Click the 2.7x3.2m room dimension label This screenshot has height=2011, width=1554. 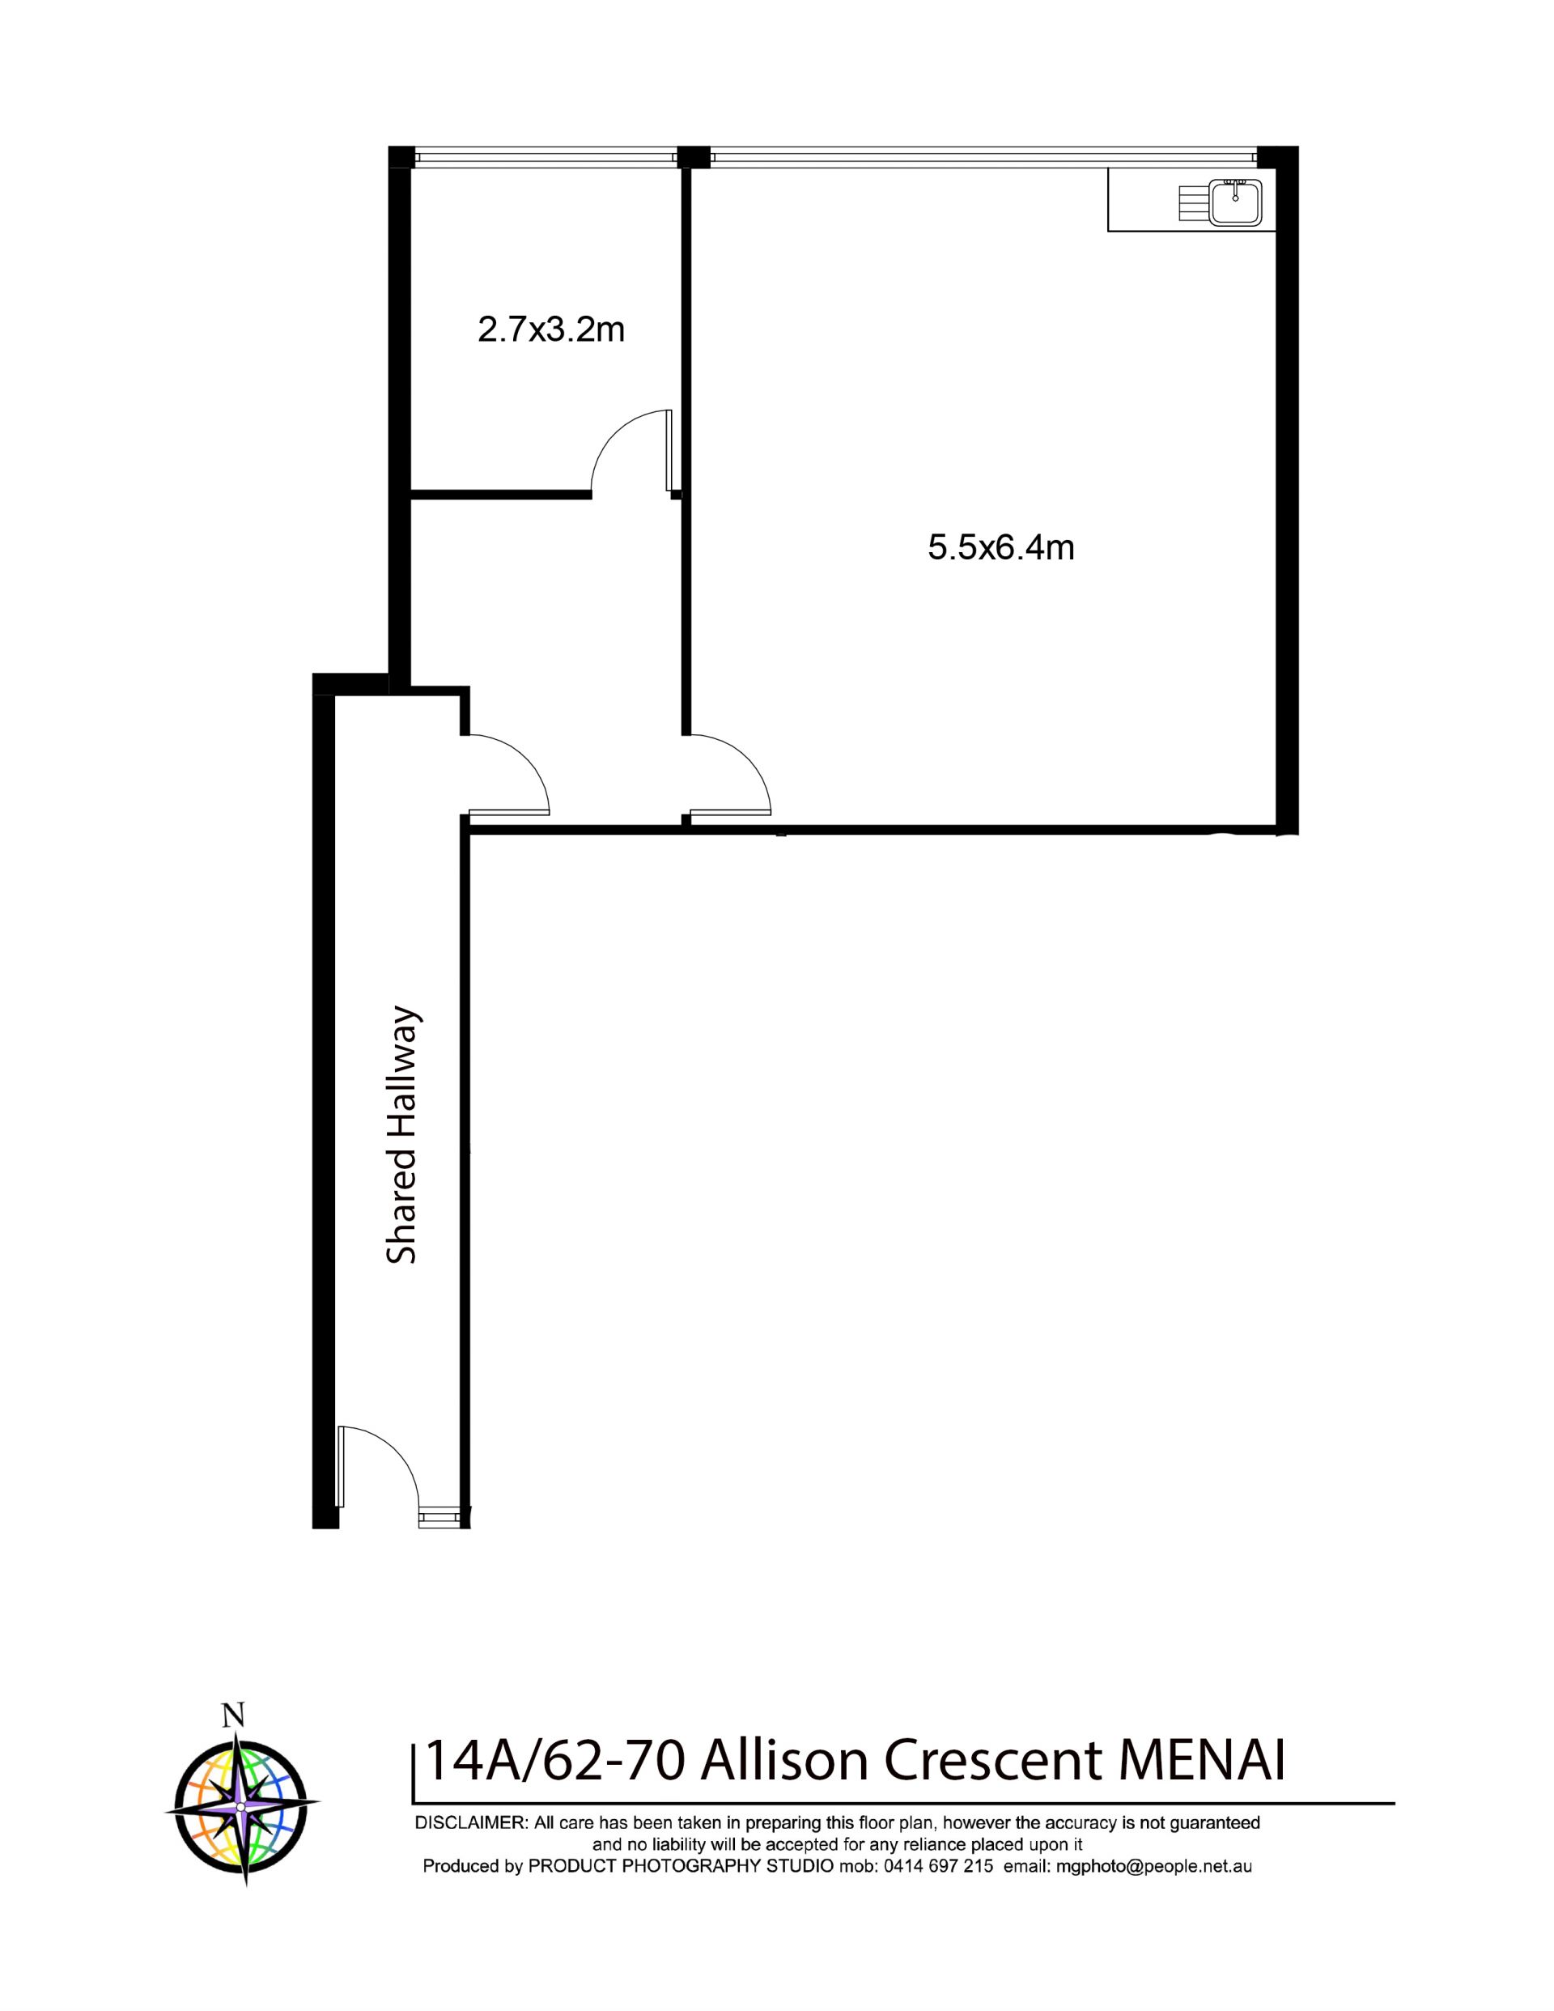pyautogui.click(x=551, y=329)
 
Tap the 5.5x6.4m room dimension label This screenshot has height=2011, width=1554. pyautogui.click(x=1000, y=548)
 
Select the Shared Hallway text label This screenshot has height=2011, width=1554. pyautogui.click(x=402, y=1137)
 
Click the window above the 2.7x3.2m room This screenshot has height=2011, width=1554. pyautogui.click(x=544, y=157)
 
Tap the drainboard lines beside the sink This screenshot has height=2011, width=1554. pyautogui.click(x=1192, y=202)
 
